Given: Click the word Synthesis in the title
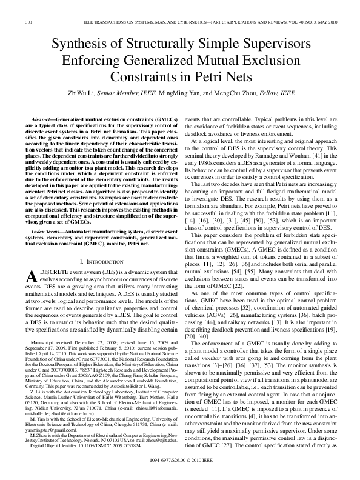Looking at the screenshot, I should tap(79, 45).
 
